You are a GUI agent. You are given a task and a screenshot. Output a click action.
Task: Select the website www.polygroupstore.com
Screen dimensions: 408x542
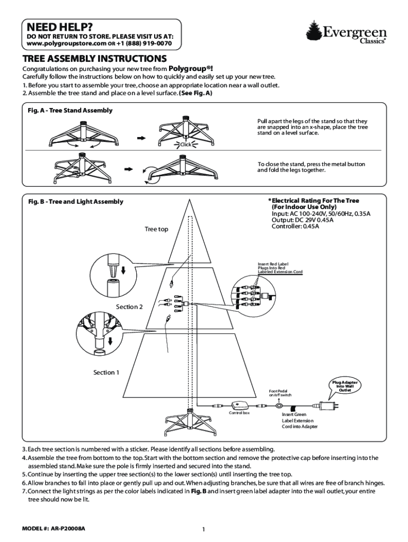coord(66,44)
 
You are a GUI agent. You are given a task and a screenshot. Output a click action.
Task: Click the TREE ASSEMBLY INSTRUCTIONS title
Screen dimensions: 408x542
coord(94,59)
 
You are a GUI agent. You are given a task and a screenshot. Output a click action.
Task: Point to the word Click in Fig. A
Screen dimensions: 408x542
coord(185,144)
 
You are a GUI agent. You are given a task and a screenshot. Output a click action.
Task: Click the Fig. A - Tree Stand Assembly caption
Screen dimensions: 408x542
coord(70,111)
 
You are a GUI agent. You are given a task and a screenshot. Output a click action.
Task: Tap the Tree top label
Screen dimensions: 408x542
coord(156,229)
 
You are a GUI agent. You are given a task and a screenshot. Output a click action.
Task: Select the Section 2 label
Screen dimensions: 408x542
coord(129,307)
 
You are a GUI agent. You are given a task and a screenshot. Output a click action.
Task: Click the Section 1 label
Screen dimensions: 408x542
coord(107,373)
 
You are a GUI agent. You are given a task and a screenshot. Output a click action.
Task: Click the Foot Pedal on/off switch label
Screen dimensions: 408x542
coord(280,393)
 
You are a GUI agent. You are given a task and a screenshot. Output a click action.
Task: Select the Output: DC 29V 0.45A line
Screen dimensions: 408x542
coord(303,220)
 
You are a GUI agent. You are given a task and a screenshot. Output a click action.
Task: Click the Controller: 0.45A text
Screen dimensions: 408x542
coord(296,227)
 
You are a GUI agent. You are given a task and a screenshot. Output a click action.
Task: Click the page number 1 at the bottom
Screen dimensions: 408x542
coord(204,529)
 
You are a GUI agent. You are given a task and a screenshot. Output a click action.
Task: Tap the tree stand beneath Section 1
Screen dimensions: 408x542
coord(189,420)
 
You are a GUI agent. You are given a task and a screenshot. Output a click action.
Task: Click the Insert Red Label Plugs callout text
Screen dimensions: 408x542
coord(280,268)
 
